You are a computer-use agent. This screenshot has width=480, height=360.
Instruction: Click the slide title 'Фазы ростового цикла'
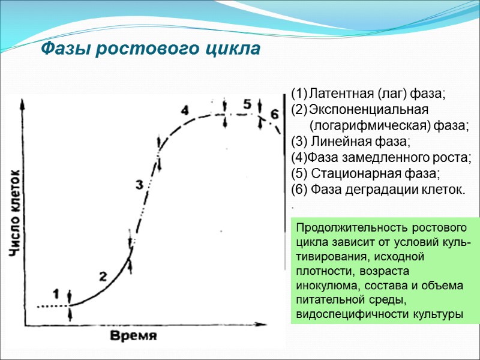tap(151, 49)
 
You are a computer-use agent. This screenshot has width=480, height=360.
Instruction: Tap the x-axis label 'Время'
tap(133, 335)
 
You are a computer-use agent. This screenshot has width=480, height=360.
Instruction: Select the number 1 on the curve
tap(56, 293)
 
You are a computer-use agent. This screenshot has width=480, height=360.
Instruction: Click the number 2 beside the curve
tap(103, 276)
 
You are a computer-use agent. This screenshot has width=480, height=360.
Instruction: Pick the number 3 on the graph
tap(139, 185)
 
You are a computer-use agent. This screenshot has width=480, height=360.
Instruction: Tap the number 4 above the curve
tap(185, 110)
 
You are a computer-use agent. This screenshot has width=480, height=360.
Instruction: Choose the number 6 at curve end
tap(274, 113)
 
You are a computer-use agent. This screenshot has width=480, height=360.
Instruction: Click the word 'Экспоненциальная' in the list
tap(368, 110)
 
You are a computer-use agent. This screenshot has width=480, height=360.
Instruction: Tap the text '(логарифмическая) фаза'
tap(389, 125)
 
